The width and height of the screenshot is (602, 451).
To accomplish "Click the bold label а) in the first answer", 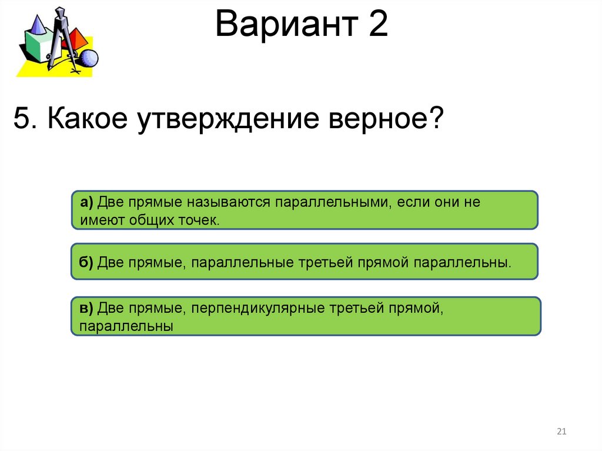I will tap(87, 203).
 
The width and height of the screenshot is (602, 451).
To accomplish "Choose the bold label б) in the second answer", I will tap(86, 262).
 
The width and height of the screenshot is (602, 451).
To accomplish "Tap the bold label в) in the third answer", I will tap(86, 309).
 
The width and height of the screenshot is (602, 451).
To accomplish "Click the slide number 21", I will tap(560, 432).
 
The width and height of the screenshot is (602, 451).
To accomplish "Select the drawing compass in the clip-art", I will tap(60, 38).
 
